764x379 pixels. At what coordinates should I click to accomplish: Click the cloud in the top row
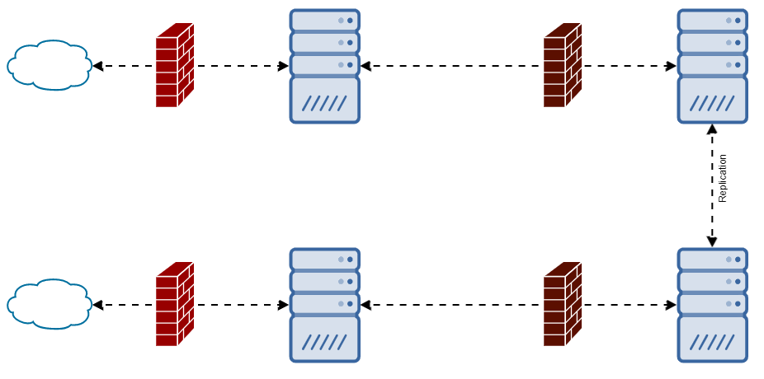point(49,65)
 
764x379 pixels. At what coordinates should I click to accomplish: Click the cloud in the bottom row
point(49,304)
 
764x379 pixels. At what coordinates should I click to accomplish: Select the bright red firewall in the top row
point(174,66)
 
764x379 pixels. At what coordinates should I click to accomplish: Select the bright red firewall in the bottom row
point(174,305)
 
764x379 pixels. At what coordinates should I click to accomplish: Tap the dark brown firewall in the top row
point(562,66)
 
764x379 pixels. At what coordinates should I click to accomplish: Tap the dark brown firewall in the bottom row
point(562,305)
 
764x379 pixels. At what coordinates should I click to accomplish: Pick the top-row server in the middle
point(325,66)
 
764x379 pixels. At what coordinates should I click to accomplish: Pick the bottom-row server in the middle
point(325,305)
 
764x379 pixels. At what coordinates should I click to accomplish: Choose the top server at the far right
point(712,66)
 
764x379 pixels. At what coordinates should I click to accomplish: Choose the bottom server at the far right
point(712,305)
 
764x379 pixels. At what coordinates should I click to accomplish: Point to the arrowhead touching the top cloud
point(97,66)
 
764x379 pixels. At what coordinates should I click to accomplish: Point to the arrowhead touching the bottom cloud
point(97,305)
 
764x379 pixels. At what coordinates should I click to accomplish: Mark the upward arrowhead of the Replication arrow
point(712,129)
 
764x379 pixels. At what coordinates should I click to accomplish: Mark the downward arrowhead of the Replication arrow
point(712,242)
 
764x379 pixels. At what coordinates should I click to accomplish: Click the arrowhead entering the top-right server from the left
point(672,66)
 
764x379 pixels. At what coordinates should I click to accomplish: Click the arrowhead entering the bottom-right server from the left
point(672,305)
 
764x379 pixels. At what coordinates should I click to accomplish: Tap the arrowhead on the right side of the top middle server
point(365,66)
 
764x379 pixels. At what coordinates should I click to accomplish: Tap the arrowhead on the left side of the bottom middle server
point(284,305)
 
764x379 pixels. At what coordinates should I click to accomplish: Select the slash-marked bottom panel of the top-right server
point(712,101)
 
